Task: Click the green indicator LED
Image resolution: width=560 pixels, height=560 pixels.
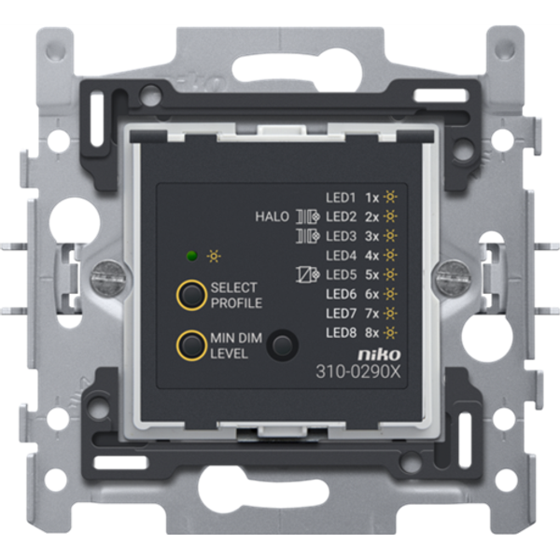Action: pos(190,254)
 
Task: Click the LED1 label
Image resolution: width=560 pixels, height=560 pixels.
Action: pos(341,197)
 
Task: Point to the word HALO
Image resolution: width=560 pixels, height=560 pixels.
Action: pos(272,217)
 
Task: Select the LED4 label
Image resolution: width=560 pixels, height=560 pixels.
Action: pos(341,255)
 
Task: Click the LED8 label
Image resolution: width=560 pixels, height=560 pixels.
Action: pos(341,332)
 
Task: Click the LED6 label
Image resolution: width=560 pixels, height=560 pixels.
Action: pos(341,294)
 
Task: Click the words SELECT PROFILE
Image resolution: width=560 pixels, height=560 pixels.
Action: pos(236,295)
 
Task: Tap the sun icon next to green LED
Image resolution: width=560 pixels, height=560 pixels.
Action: pos(213,254)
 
